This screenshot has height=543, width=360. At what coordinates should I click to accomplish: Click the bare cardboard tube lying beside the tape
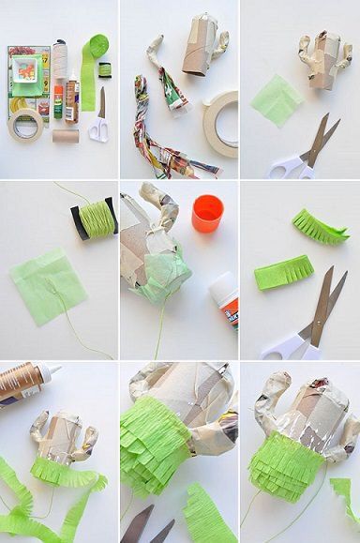(66, 136)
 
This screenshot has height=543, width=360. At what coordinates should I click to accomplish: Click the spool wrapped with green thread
(96, 218)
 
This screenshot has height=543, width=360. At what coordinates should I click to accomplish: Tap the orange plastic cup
(207, 213)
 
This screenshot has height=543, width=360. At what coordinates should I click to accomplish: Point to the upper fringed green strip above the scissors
(319, 227)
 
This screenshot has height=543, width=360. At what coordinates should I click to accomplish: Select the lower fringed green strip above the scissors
(284, 273)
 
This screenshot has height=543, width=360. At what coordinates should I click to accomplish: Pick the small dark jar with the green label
(104, 68)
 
